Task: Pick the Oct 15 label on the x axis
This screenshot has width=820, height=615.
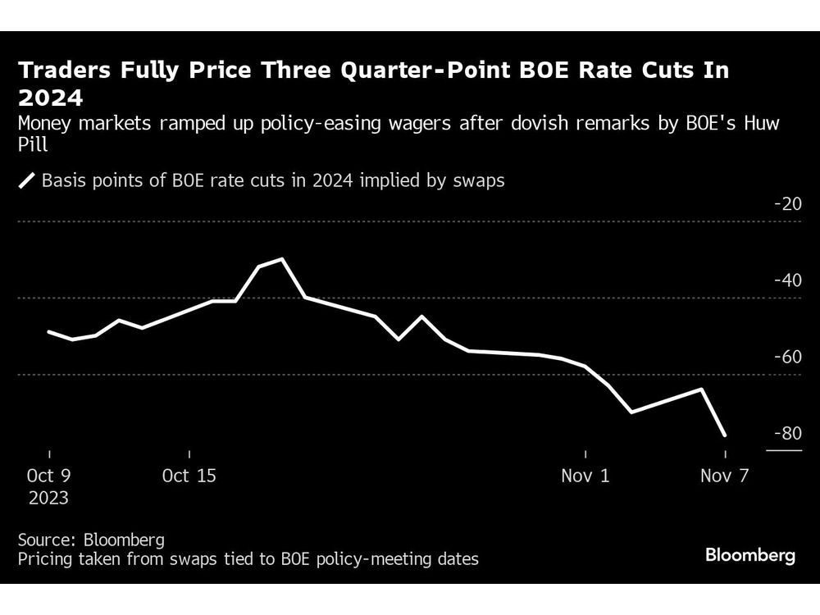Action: pos(189,476)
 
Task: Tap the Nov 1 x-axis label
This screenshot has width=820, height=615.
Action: pos(585,476)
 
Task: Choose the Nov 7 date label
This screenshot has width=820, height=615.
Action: pos(725,476)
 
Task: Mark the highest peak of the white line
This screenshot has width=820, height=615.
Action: pos(283,259)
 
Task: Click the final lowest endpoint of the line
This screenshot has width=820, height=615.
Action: pos(725,435)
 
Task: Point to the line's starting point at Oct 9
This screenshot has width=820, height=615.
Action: pos(49,331)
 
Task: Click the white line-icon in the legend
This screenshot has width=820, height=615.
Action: pos(27,181)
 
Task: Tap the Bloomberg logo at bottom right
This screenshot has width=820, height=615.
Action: pos(749,556)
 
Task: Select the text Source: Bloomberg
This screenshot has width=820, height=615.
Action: pos(91,540)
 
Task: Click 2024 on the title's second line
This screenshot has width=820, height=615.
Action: pos(50,99)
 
